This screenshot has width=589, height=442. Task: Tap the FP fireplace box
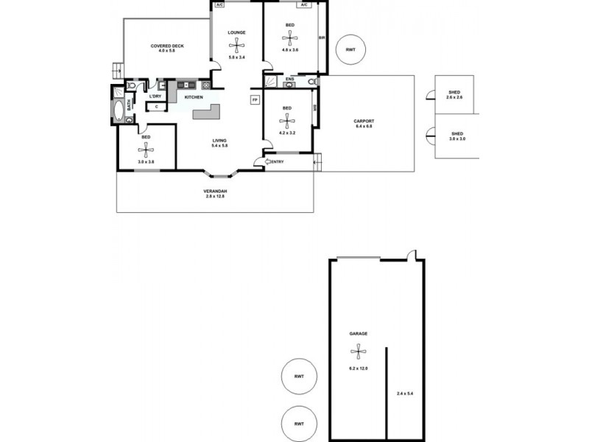(x=255, y=99)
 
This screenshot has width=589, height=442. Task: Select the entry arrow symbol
(x=268, y=161)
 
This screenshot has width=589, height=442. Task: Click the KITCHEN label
(x=194, y=97)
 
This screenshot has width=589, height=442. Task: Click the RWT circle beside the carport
(x=350, y=49)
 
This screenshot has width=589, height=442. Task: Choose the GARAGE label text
(x=358, y=334)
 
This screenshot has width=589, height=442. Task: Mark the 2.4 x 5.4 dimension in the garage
(x=405, y=394)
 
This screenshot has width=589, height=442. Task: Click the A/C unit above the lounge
(x=219, y=4)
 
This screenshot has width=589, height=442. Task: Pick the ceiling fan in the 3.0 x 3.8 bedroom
(x=146, y=151)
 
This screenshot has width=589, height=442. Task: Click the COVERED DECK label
(x=167, y=46)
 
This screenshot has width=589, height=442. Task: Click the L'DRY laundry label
(x=155, y=97)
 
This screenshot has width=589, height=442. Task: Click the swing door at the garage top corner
(x=412, y=256)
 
